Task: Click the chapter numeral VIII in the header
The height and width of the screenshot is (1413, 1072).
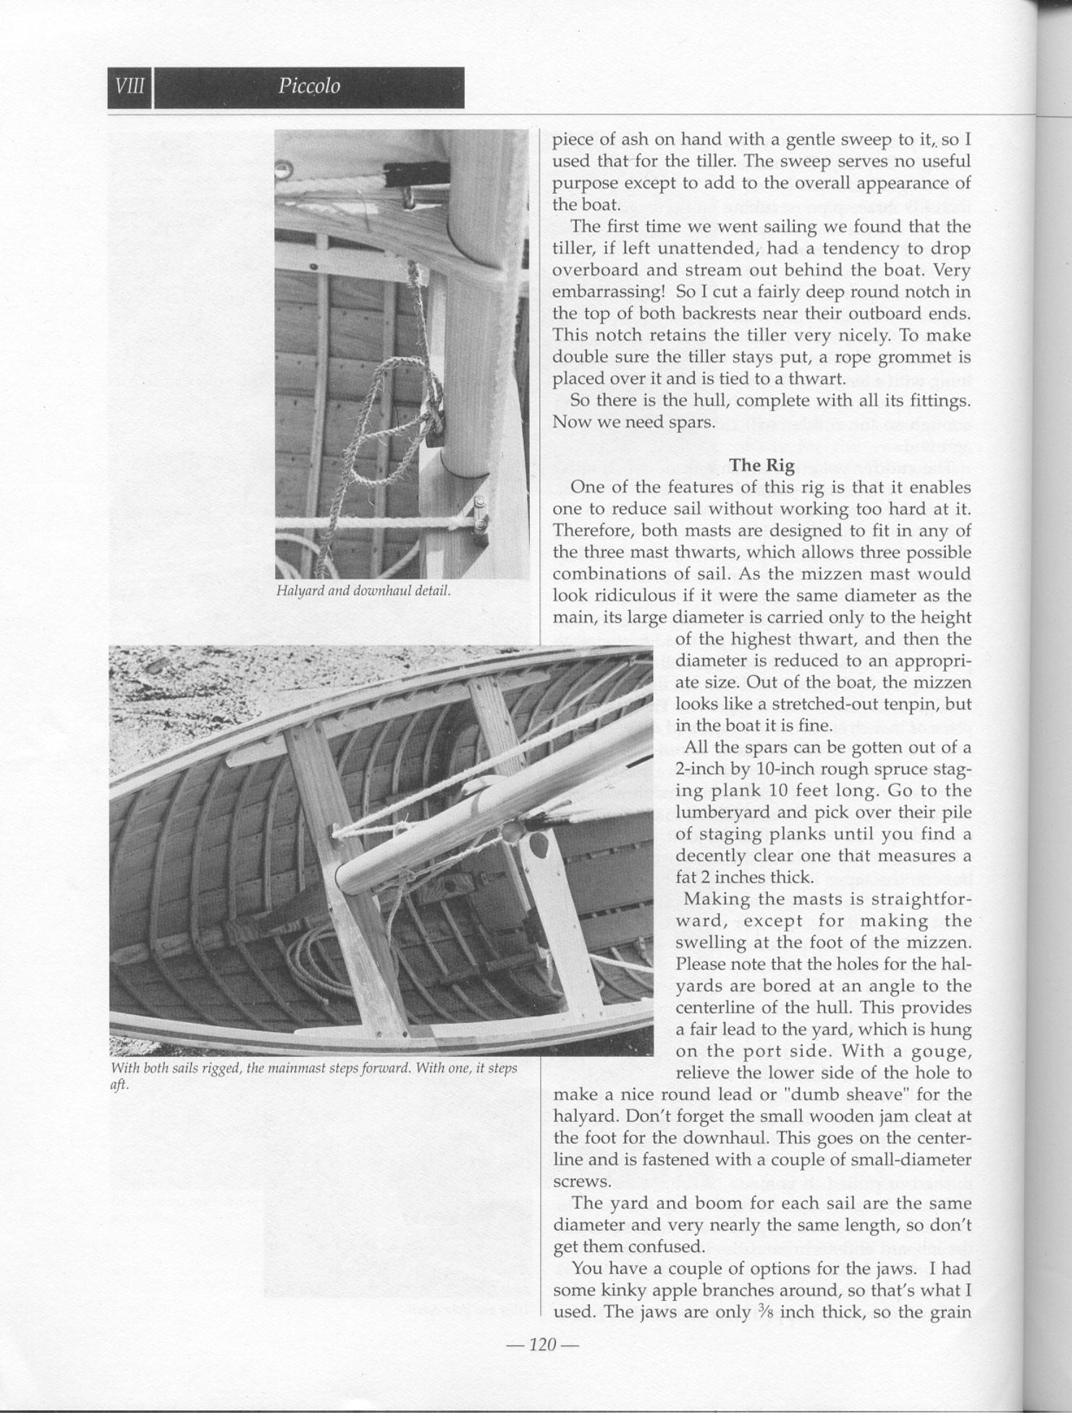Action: tap(130, 87)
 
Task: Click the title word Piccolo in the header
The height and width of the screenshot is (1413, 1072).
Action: tap(309, 87)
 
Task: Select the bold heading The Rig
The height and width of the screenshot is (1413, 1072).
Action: tap(762, 465)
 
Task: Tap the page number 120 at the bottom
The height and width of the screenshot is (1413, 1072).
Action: tap(542, 1345)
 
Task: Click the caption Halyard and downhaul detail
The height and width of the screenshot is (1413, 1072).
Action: tap(363, 591)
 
